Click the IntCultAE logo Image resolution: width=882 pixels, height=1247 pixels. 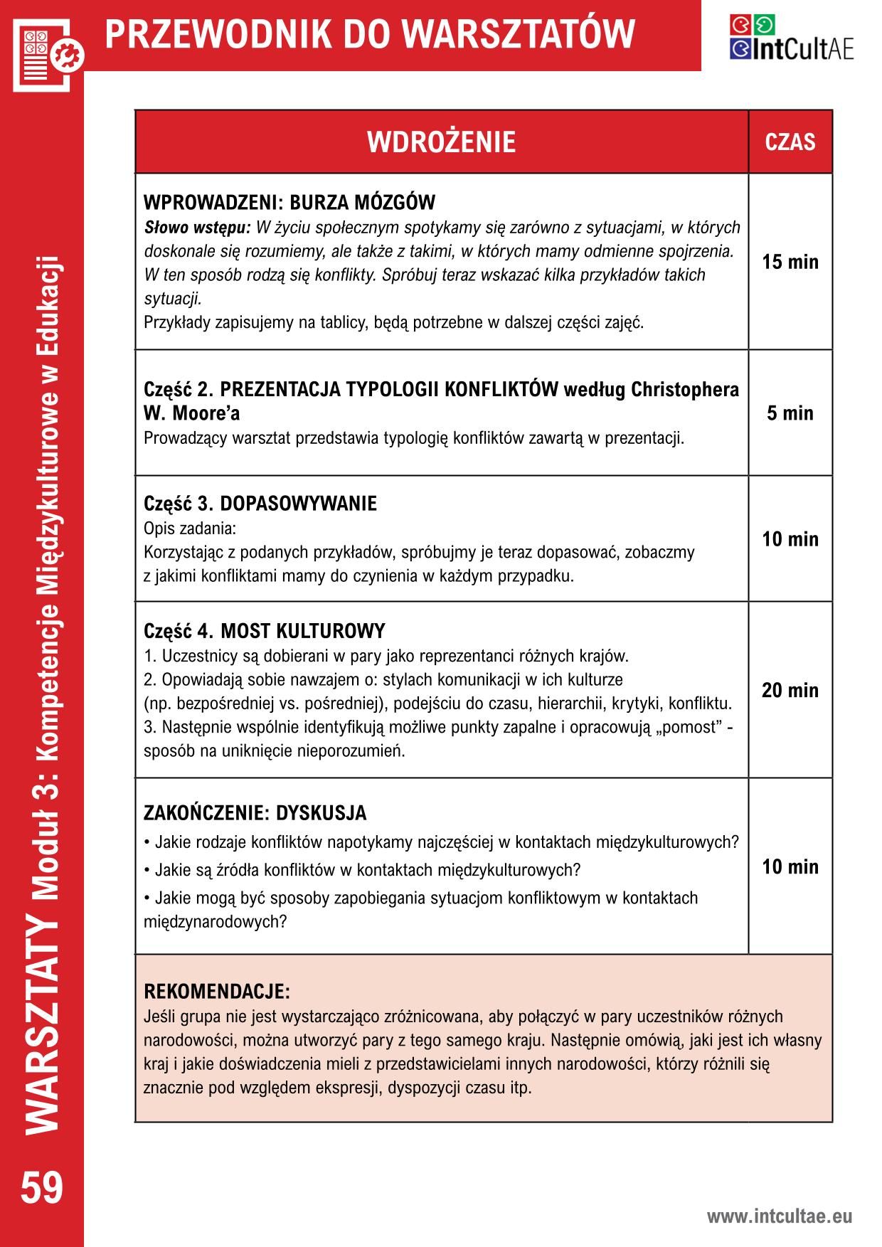point(790,38)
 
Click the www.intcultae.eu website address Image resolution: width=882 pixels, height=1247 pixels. point(779,1216)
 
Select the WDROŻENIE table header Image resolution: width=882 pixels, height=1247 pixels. point(441,142)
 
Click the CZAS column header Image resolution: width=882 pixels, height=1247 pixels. point(790,142)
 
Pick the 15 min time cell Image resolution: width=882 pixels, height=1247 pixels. point(790,262)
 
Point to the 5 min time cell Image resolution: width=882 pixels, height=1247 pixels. point(790,413)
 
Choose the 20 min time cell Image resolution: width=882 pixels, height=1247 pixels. point(790,690)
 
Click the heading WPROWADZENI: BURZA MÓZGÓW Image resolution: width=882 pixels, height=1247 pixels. point(289,203)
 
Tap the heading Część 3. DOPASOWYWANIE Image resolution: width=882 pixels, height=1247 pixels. point(260,504)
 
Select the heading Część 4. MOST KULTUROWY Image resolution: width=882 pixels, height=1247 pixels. point(265,631)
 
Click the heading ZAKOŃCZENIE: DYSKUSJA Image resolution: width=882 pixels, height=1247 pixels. point(255,812)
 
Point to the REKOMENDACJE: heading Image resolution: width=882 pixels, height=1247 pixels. point(217,991)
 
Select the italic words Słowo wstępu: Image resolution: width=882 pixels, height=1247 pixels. point(197,228)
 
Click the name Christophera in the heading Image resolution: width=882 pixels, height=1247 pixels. point(685,390)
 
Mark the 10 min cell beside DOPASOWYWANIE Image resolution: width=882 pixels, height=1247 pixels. point(790,539)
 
